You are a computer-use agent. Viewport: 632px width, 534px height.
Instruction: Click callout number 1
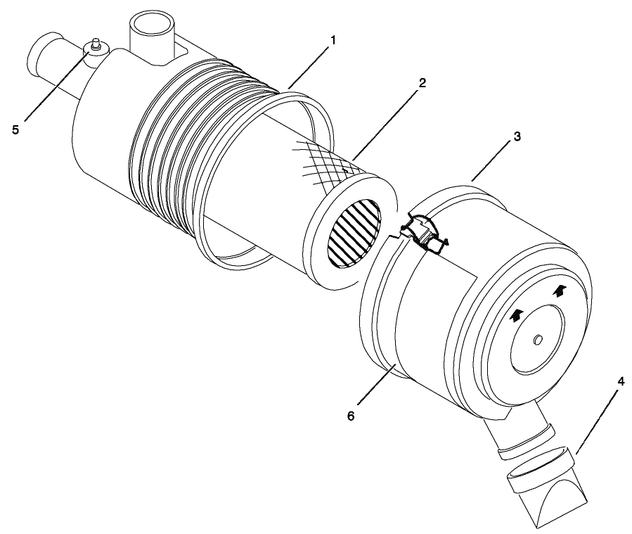[x=333, y=40]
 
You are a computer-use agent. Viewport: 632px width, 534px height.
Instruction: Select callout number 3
[x=517, y=136]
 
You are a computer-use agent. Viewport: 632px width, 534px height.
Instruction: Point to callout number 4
[x=620, y=381]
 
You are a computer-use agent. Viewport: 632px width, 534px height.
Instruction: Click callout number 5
[x=15, y=129]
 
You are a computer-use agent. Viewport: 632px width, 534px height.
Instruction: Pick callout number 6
[x=352, y=416]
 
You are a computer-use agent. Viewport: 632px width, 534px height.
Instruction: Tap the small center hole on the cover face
[x=539, y=340]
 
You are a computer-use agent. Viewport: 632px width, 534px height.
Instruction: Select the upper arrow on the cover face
[x=559, y=290]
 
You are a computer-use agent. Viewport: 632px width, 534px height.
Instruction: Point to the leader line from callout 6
[x=373, y=383]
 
